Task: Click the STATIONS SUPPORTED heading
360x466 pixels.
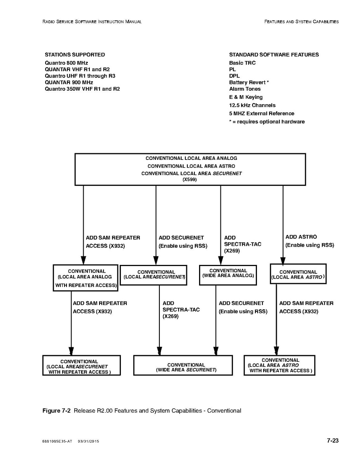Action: [x=75, y=55]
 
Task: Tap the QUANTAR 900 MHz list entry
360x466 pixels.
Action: [x=69, y=82]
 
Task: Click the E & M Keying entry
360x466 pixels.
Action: [x=246, y=97]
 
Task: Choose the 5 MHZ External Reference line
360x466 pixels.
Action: [x=261, y=114]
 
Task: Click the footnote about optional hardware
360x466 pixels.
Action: [x=267, y=122]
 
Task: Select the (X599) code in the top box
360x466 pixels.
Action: [x=190, y=180]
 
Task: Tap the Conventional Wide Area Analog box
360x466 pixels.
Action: [x=228, y=275]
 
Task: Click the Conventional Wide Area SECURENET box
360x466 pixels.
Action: [x=183, y=366]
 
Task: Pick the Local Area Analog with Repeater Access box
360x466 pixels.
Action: [x=86, y=278]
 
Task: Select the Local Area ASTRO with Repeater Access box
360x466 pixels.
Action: [x=280, y=366]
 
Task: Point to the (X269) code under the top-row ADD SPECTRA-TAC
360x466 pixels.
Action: [x=232, y=251]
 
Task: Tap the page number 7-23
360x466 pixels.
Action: [x=333, y=441]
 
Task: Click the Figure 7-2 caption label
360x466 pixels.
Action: [x=56, y=411]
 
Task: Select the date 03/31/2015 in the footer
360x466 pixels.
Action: [x=89, y=441]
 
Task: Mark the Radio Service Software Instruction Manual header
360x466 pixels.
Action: [x=92, y=22]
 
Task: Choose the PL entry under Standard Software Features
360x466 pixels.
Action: [x=232, y=70]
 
